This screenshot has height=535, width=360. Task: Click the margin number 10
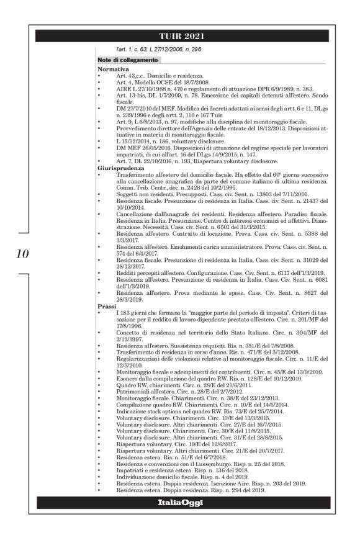click(x=20, y=253)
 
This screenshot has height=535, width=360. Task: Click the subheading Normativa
click(x=113, y=69)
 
